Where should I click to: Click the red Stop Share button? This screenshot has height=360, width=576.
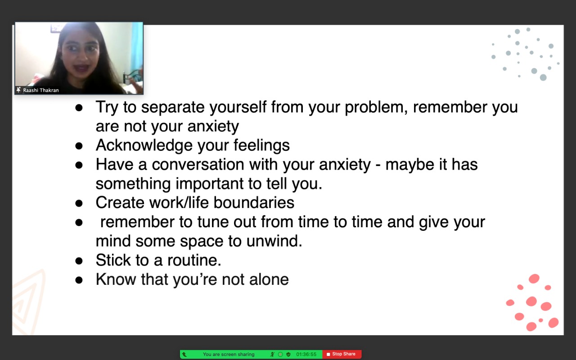(342, 354)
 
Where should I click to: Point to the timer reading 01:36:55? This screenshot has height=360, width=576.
(306, 354)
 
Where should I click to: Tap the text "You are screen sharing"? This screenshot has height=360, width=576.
(229, 354)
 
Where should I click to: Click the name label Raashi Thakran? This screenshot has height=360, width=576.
(41, 90)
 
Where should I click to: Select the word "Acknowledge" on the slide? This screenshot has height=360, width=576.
(144, 145)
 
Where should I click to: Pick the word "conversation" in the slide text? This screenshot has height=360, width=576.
(198, 164)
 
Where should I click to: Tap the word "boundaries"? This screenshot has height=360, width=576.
(254, 202)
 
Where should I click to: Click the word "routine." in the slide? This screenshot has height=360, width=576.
(194, 260)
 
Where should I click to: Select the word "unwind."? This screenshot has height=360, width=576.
(274, 241)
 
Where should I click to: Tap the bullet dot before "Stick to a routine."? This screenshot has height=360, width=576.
(79, 261)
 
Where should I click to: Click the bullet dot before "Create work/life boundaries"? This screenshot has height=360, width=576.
(79, 203)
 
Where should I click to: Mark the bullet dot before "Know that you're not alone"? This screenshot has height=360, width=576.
(79, 280)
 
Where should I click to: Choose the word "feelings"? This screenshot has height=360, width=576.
(261, 145)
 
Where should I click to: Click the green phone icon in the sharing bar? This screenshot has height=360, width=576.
(184, 355)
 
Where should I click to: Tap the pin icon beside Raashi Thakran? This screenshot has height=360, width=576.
(18, 90)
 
